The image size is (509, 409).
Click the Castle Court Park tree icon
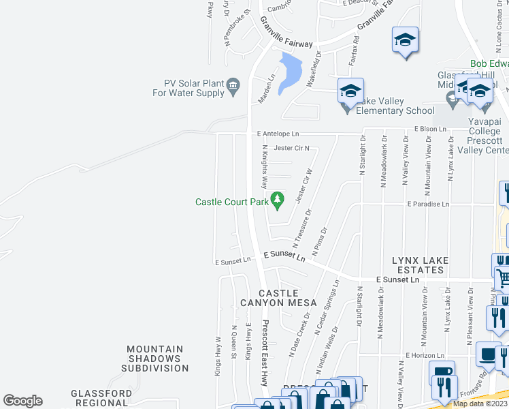click(277, 200)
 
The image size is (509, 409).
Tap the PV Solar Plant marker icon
click(233, 85)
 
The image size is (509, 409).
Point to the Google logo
click(22, 401)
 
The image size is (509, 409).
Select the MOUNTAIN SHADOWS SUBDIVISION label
click(154, 359)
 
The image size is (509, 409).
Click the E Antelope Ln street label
click(278, 134)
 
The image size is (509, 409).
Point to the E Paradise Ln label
click(428, 204)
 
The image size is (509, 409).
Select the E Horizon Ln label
click(425, 355)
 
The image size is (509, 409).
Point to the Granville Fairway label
click(286, 32)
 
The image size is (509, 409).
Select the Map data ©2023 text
click(480, 404)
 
